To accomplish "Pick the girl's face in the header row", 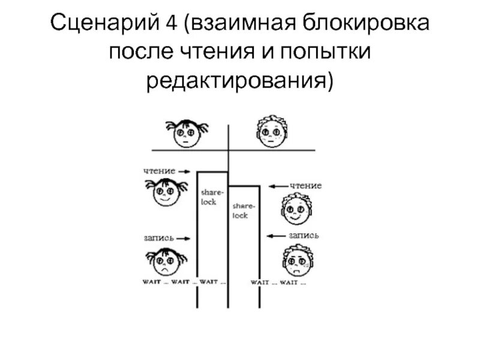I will coord(187,133).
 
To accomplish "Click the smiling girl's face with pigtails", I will coord(164,193).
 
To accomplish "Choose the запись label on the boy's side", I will coord(304,235).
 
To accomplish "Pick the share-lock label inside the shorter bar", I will coord(242,210).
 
